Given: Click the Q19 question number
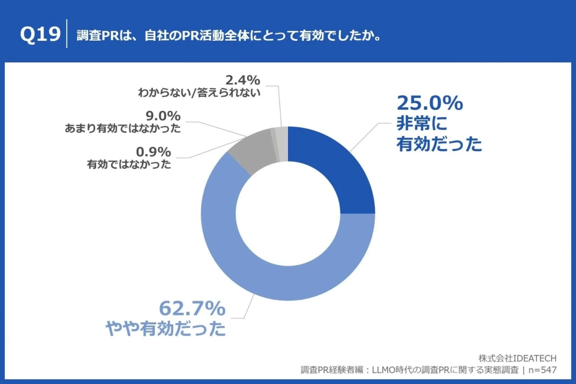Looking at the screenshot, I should pyautogui.click(x=40, y=36).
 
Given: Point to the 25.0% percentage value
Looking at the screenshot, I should pyautogui.click(x=429, y=103).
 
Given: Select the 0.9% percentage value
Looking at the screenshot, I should pyautogui.click(x=154, y=152).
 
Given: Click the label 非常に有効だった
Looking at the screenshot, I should pyautogui.click(x=438, y=134).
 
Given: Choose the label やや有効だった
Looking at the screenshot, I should pyautogui.click(x=166, y=329).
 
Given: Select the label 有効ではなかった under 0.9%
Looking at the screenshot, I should pyautogui.click(x=129, y=165).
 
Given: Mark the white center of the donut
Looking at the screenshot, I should pyautogui.click(x=288, y=214).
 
